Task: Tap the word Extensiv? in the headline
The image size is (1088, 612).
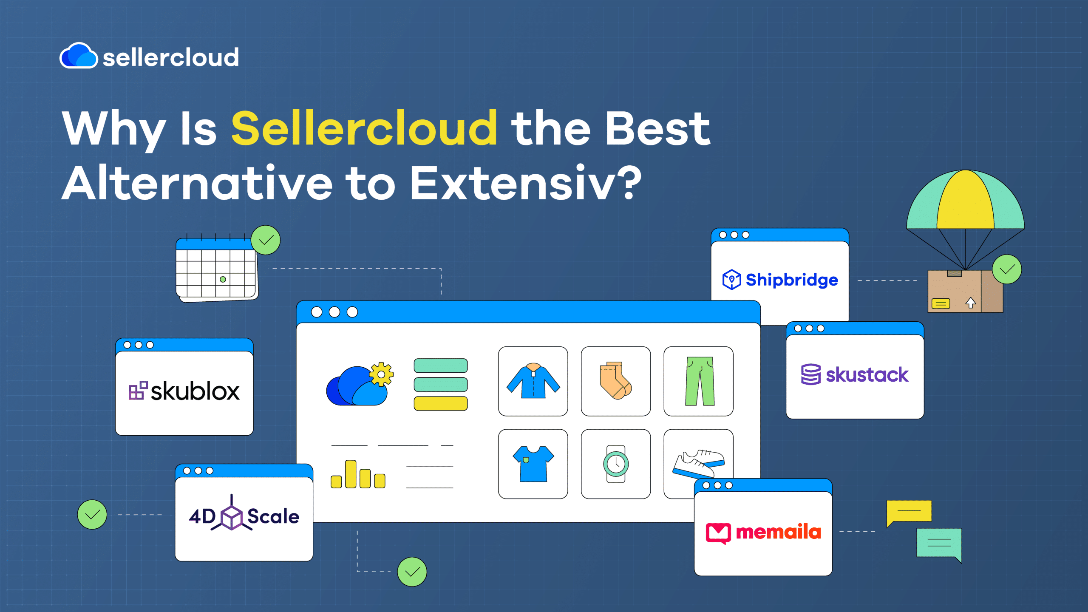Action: pos(526,183)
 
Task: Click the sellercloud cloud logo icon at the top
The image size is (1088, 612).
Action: pos(79,55)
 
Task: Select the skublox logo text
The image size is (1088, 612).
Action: pos(195,391)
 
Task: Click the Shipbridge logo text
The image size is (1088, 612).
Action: pos(792,280)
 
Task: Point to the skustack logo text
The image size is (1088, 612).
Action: pos(867,374)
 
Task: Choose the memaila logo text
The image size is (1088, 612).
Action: pos(778,532)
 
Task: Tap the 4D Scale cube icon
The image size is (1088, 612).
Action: pos(232,516)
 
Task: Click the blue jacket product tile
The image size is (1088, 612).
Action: pos(533,381)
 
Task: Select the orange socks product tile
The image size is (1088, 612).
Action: pos(616,381)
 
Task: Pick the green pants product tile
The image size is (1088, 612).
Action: pos(699,381)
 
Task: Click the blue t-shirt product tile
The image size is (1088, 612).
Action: pos(533,464)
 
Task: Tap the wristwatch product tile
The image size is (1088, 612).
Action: pos(616,464)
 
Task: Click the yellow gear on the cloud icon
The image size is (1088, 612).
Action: pos(381,374)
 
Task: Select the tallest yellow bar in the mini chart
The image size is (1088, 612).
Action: pos(351,474)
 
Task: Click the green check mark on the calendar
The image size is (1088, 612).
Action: pos(266,240)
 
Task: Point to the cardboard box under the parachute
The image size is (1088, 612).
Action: pos(965,292)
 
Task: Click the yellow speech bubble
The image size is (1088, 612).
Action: pos(909,513)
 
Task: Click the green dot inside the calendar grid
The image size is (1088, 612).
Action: pos(223,279)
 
